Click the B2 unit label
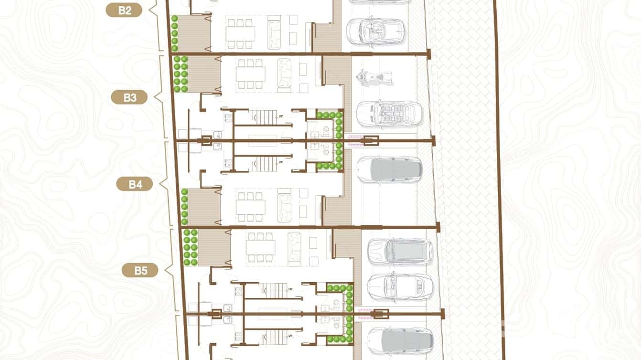[124, 10]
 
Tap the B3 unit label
[130, 97]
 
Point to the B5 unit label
[140, 271]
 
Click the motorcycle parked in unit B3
[374, 77]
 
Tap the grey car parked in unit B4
[389, 169]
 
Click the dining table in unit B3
[250, 74]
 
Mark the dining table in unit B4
[250, 207]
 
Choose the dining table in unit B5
[261, 247]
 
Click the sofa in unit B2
[275, 32]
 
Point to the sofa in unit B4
[284, 206]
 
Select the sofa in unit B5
[294, 246]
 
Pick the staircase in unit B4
[264, 163]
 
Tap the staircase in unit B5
[274, 289]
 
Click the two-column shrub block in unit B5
[191, 247]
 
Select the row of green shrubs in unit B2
[175, 33]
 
